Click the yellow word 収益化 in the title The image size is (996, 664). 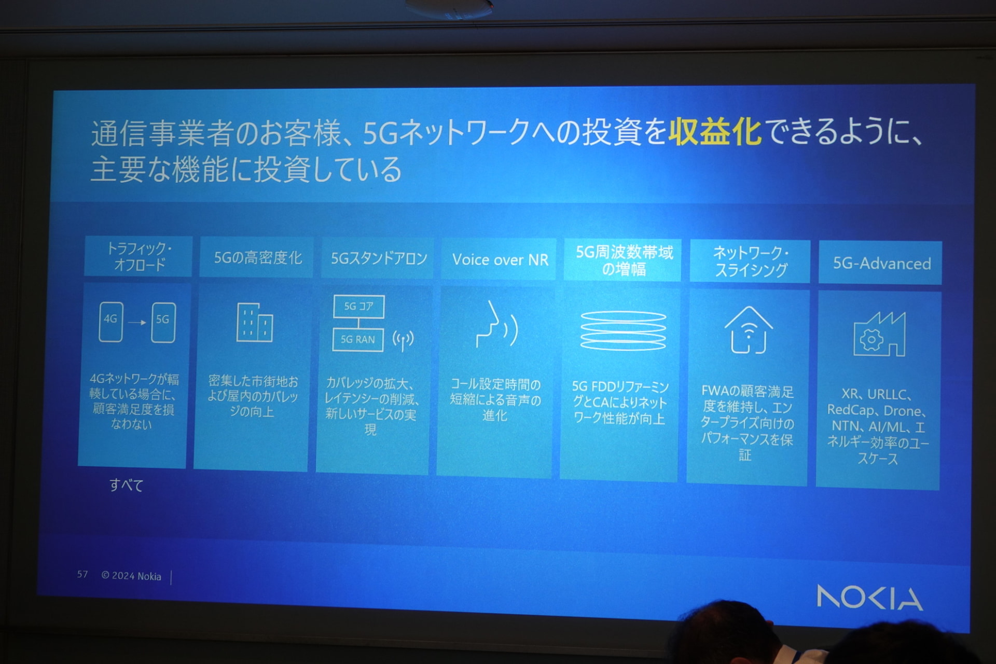pyautogui.click(x=715, y=132)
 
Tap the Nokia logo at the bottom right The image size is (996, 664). pyautogui.click(x=869, y=597)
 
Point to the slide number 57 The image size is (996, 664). pyautogui.click(x=82, y=574)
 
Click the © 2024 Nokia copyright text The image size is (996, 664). pyautogui.click(x=131, y=576)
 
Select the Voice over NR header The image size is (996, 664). pyautogui.click(x=500, y=259)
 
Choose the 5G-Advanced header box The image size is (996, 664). pyautogui.click(x=880, y=263)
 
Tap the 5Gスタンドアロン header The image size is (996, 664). pyautogui.click(x=379, y=258)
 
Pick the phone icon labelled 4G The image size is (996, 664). pyautogui.click(x=111, y=322)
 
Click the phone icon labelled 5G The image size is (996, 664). pyautogui.click(x=163, y=322)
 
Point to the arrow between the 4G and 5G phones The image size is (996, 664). pyautogui.click(x=137, y=322)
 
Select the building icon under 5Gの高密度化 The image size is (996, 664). pyautogui.click(x=255, y=323)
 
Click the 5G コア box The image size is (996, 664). pyautogui.click(x=358, y=307)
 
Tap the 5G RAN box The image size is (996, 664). pyautogui.click(x=357, y=340)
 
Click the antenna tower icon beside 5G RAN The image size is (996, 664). pyautogui.click(x=403, y=340)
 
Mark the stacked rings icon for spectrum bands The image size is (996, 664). pyautogui.click(x=623, y=331)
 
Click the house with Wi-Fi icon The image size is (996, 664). pyautogui.click(x=749, y=330)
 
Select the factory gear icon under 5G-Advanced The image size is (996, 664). pyautogui.click(x=879, y=335)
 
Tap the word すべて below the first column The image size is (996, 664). pyautogui.click(x=126, y=485)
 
